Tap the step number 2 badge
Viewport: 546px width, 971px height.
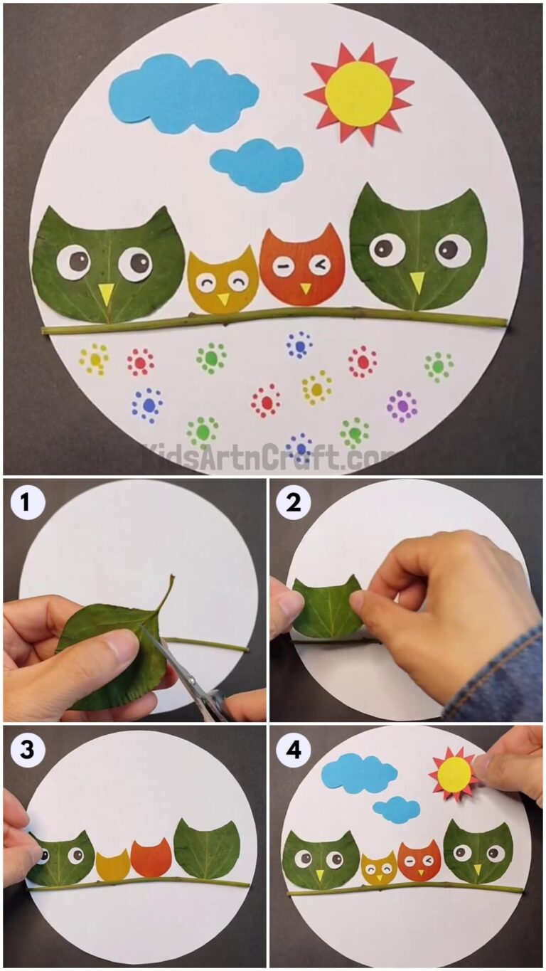point(293,503)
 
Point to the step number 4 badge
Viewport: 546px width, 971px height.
point(293,750)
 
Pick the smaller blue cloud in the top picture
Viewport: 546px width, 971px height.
point(257,165)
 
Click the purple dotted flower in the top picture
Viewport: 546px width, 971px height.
point(402,406)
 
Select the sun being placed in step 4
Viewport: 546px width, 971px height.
point(454,774)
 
